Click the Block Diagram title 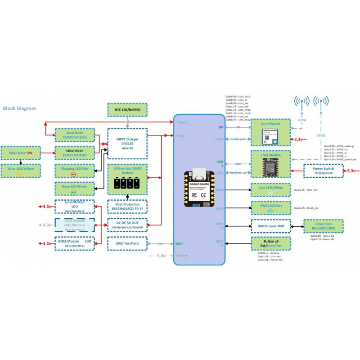[19, 108]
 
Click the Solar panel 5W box [21, 153]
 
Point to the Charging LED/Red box [75, 171]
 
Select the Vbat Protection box [127, 206]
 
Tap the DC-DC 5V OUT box [127, 225]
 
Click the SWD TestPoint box [127, 243]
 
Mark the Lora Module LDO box [75, 206]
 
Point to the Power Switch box [323, 171]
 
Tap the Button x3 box [270, 243]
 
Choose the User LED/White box [270, 189]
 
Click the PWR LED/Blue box [270, 208]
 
